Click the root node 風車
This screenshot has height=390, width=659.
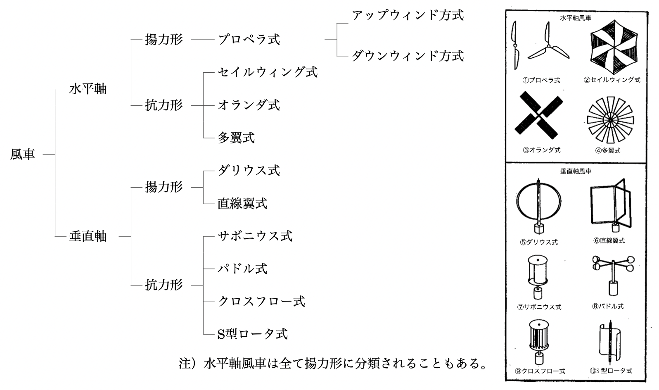tap(23, 154)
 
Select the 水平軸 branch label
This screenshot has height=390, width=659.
tap(88, 89)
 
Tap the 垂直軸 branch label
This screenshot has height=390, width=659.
tap(88, 236)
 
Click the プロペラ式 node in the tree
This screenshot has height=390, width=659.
tap(249, 40)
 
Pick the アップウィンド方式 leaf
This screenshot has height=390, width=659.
tap(408, 16)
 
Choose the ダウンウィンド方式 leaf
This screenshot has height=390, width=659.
tap(408, 56)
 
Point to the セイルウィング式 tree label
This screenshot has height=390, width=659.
tap(268, 72)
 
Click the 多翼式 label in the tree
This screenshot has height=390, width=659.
tap(236, 138)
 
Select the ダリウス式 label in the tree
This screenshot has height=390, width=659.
tap(249, 170)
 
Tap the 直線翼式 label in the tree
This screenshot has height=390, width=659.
tap(242, 203)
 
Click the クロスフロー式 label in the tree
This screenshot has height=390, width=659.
tap(261, 301)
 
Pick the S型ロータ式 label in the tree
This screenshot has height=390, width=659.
tap(252, 334)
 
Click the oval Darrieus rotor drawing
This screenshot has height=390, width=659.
tap(539, 204)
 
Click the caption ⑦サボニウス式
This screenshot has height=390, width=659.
tap(539, 307)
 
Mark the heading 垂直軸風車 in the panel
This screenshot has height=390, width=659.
tap(576, 171)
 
